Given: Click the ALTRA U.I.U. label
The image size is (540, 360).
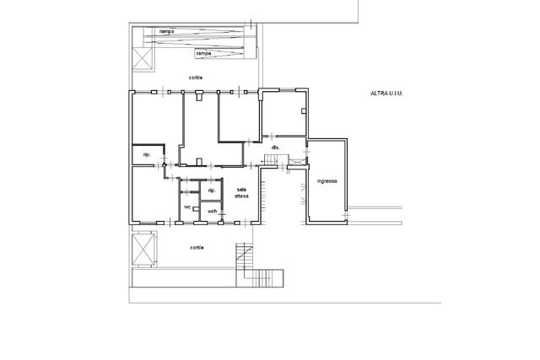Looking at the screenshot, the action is tap(386, 94).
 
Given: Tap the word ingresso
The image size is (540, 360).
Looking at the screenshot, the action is tap(327, 181).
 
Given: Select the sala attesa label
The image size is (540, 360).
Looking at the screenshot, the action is tap(241, 193).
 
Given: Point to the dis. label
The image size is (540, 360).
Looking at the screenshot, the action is tap(276, 148).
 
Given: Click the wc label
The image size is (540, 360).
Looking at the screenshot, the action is tap(187, 207).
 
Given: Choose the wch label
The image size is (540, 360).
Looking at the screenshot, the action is tap(213, 211).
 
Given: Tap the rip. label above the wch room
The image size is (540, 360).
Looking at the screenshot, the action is tap(212, 191).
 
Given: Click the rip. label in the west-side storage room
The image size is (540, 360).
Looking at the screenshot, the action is tap(147, 155).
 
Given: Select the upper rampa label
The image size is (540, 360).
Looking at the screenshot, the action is tap(167, 31).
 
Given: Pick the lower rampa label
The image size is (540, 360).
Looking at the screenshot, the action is tap(203, 54).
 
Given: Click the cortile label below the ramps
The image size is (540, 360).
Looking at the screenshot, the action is tap(196, 78).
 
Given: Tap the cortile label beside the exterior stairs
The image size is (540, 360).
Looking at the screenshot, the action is tap(197, 248).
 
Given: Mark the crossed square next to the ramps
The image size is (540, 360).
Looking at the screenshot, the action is tap(143, 58).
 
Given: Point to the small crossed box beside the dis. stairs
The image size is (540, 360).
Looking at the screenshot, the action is tap(295, 161).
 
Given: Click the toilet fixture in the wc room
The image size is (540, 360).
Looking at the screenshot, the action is tap(196, 208).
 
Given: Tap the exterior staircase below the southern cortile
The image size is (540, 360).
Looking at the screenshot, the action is tap(260, 266).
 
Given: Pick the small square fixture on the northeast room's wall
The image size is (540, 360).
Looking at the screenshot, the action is tap(304, 110).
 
